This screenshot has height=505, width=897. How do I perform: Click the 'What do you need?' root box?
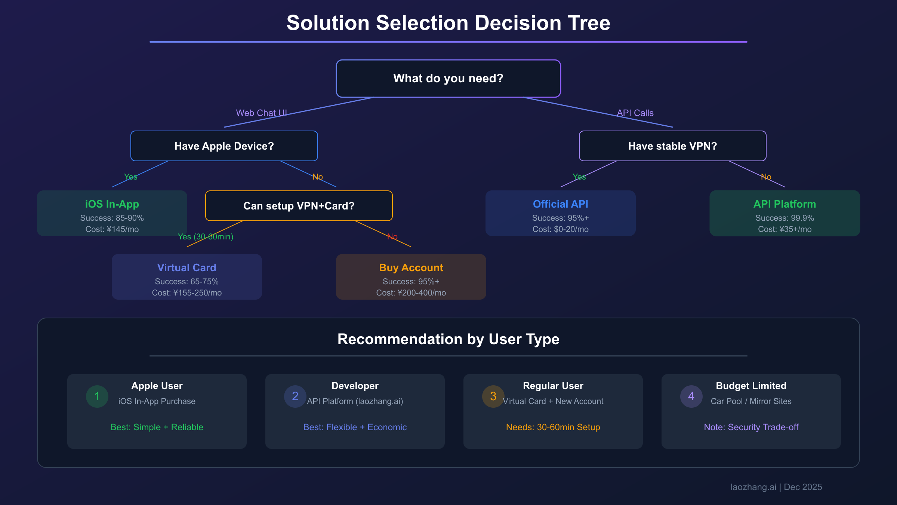[448, 79]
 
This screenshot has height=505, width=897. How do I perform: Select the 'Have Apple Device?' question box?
[224, 146]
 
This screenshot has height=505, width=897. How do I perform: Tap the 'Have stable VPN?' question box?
[672, 146]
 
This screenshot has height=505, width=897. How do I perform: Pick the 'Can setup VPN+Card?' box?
[299, 206]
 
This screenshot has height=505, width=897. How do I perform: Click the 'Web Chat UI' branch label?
[261, 113]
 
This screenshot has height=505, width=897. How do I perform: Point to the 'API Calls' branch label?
[635, 113]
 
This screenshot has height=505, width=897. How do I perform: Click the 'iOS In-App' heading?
[112, 204]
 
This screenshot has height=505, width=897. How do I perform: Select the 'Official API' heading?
[560, 204]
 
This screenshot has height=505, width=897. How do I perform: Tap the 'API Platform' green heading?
[785, 204]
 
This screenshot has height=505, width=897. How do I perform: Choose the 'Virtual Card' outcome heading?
[187, 268]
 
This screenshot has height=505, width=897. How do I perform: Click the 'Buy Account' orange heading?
[411, 268]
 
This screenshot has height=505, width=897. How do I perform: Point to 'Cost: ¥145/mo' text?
[112, 229]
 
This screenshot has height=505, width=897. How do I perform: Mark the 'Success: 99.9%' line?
[785, 218]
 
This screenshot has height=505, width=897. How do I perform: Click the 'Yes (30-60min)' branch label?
[205, 237]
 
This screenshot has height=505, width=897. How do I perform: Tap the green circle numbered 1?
[97, 397]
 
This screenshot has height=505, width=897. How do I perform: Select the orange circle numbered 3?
[493, 397]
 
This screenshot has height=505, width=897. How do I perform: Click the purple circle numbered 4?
[691, 397]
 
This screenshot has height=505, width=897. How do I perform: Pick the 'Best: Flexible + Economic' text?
[355, 427]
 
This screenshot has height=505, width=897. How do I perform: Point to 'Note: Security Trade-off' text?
[751, 427]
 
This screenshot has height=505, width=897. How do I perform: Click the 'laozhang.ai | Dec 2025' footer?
[776, 487]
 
